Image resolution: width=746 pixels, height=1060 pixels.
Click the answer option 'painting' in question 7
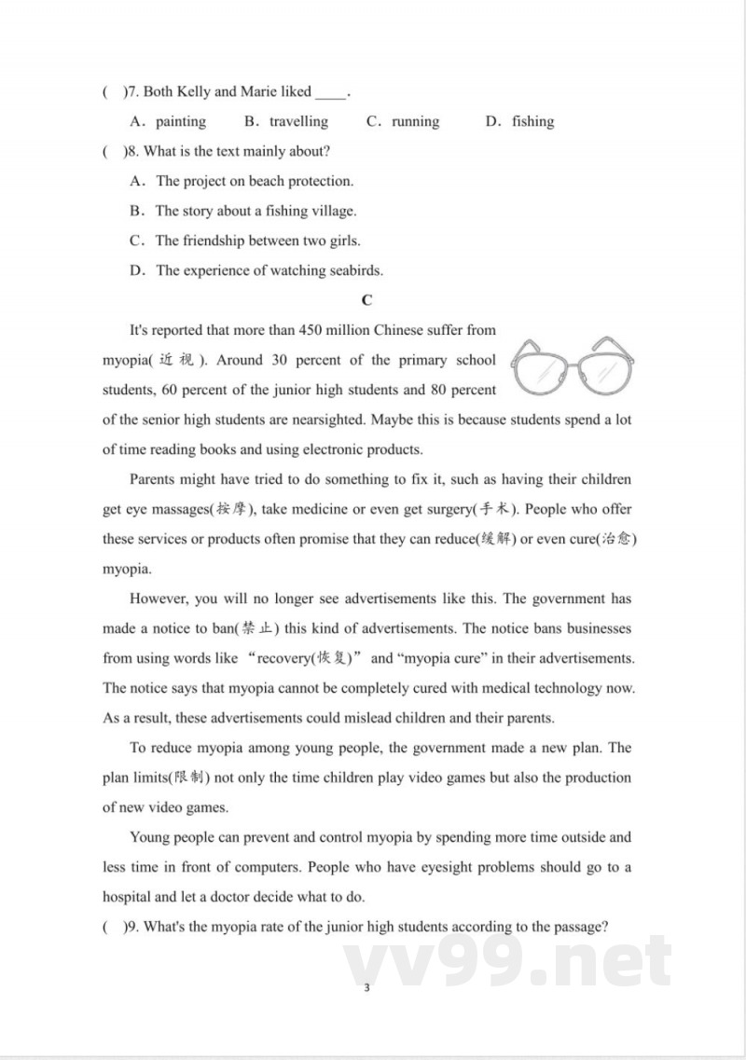[181, 121]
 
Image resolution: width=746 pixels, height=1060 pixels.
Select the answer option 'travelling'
[298, 121]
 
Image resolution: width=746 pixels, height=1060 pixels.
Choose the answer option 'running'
[415, 121]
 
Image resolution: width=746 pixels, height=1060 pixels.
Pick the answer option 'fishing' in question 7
[532, 121]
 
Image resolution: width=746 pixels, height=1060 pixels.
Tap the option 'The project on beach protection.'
[255, 181]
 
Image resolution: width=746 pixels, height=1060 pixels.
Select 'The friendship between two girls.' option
[257, 241]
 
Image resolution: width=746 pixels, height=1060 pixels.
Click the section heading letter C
[366, 300]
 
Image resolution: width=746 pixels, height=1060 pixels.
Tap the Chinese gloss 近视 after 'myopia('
[177, 361]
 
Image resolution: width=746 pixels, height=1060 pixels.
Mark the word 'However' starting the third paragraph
[159, 599]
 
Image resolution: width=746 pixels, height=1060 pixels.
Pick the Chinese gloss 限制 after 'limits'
[188, 778]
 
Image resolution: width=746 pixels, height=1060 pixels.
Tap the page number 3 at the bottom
[366, 987]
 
